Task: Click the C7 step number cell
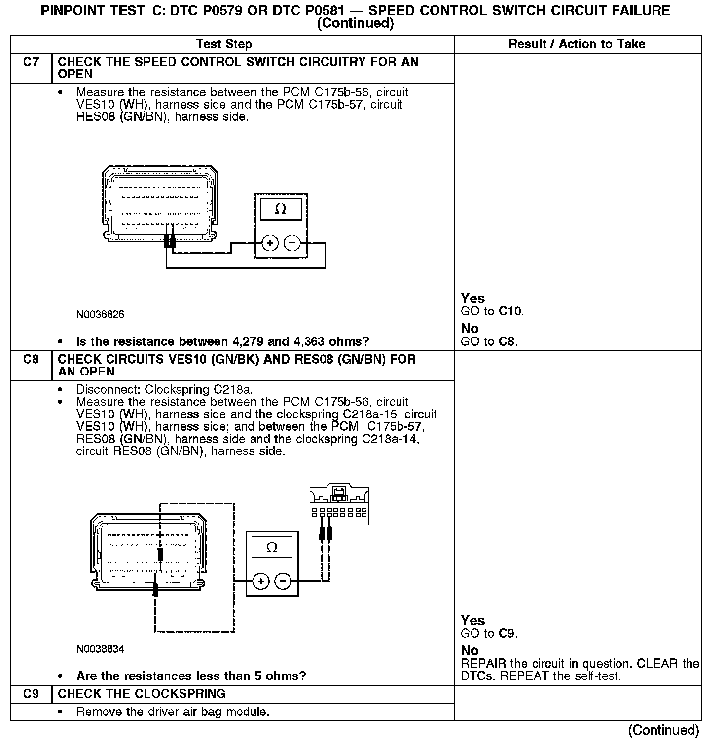tap(31, 62)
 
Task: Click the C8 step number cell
tap(31, 359)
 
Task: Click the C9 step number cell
tap(31, 694)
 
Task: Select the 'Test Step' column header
tap(224, 44)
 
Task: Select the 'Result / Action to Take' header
tap(577, 44)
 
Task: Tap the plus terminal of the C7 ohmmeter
tap(270, 243)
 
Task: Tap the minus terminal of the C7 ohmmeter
tap(292, 243)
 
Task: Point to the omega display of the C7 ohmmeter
tap(281, 209)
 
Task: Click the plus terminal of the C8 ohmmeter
tap(261, 581)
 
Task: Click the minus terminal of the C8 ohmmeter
tap(283, 581)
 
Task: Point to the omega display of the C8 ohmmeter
tap(272, 547)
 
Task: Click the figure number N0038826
tap(100, 315)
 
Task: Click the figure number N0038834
tap(100, 649)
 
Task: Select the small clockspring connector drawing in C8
tap(339, 505)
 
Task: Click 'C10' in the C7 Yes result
tap(510, 311)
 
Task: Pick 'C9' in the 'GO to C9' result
tap(507, 634)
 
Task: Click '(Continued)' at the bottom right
tap(663, 730)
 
